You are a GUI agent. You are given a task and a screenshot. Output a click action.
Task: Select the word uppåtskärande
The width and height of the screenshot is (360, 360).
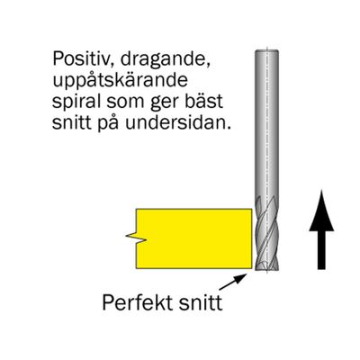120,81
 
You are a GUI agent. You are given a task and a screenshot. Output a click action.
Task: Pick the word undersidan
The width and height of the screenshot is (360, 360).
178,122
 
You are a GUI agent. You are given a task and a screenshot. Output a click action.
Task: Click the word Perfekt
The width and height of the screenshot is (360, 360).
138,302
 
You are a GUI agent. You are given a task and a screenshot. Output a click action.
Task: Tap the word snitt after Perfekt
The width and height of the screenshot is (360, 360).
201,302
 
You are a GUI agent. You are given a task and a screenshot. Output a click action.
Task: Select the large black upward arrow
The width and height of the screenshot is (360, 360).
321,229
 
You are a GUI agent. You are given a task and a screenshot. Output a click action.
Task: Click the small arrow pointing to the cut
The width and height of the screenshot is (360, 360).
233,282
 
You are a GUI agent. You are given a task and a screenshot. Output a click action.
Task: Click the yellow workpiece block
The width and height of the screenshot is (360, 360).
193,238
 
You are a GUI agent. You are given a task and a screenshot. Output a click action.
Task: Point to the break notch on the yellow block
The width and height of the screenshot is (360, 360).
136,238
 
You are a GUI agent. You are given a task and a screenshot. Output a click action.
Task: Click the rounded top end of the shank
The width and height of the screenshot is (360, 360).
266,51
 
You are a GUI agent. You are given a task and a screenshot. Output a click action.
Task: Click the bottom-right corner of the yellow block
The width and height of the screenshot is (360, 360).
252,268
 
